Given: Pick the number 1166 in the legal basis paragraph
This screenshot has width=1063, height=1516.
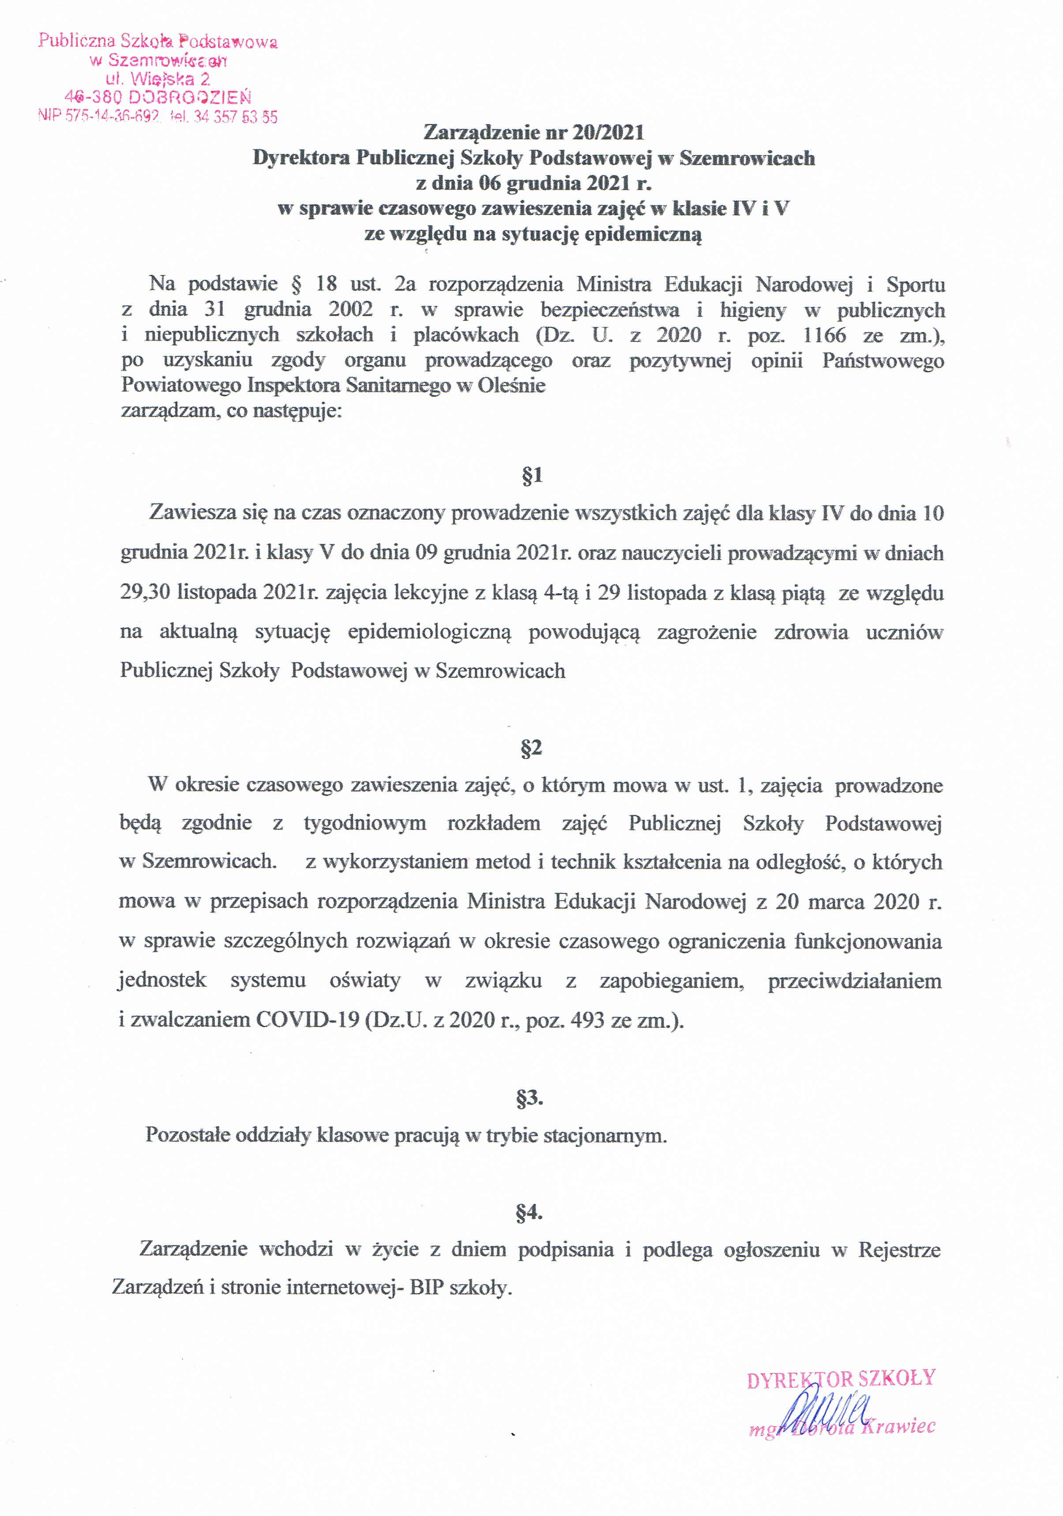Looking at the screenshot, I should point(824,335).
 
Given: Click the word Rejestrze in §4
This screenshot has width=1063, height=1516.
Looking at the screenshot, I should point(899,1250).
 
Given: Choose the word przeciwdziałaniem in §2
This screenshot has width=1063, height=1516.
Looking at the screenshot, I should point(854,981).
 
